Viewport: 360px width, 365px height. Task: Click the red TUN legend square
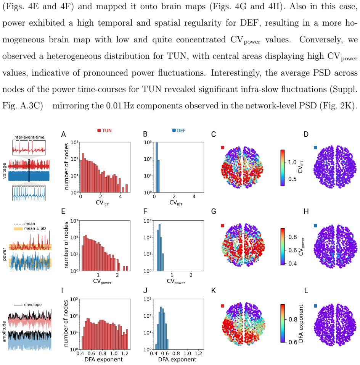99,131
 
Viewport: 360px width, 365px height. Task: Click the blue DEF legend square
174,130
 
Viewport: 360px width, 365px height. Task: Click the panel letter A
63,134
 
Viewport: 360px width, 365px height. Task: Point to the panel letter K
214,291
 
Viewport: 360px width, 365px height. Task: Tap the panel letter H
306,212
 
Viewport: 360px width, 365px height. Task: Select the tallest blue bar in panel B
156,167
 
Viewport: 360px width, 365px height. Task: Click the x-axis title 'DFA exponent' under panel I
103,359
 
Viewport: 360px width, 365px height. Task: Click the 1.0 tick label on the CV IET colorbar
292,162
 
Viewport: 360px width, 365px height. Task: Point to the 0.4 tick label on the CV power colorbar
292,263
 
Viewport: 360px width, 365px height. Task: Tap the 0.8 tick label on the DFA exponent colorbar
293,319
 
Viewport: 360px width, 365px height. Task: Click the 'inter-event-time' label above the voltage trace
29,137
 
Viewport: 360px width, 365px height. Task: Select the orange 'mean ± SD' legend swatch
18,229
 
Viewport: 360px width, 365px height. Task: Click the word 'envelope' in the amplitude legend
33,305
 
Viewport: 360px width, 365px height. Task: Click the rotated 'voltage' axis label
4,171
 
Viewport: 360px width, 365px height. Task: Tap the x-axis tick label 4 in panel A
120,197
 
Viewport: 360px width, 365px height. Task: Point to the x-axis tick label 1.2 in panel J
198,354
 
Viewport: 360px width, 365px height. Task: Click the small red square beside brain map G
223,226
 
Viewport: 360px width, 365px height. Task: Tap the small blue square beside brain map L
316,306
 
